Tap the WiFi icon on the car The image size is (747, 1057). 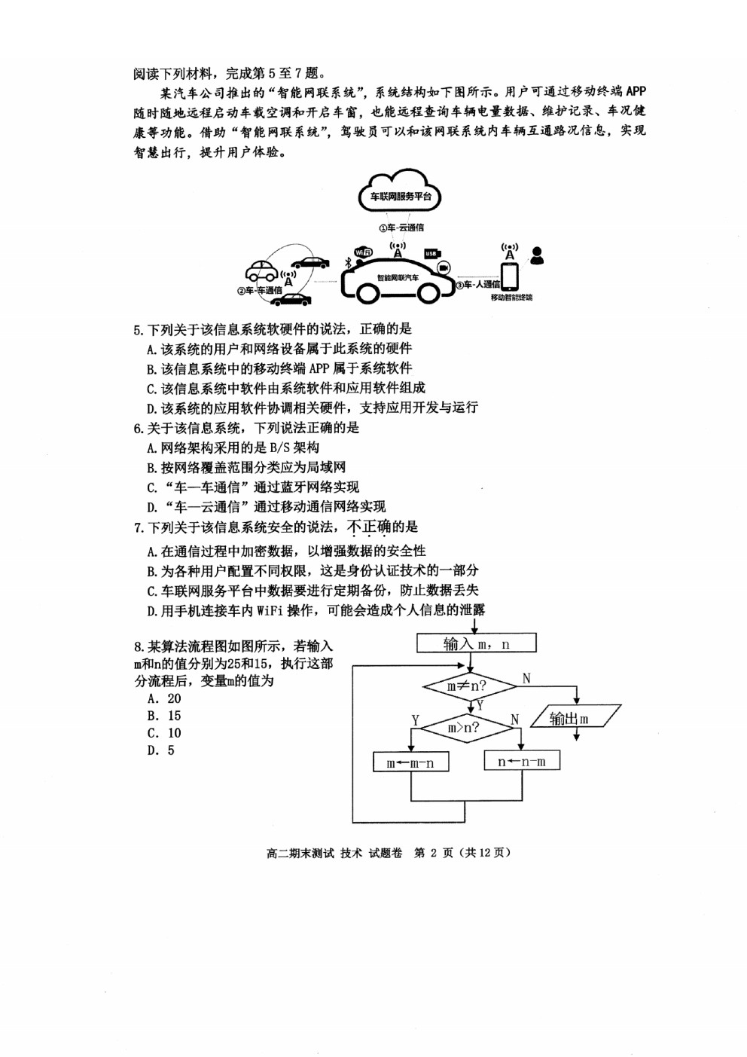(363, 252)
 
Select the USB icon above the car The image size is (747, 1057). (431, 254)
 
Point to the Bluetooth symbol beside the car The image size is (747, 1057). (349, 264)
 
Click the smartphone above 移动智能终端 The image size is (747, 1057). (509, 277)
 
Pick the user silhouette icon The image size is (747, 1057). (537, 255)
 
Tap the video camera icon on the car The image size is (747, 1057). (444, 267)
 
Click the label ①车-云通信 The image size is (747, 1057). (401, 228)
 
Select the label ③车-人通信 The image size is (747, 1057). (477, 284)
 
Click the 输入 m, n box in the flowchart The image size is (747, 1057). (477, 643)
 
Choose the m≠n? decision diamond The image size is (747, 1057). (470, 686)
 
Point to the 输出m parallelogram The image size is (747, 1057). (576, 719)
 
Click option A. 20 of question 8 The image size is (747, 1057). (164, 698)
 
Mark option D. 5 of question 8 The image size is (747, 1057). (161, 750)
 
